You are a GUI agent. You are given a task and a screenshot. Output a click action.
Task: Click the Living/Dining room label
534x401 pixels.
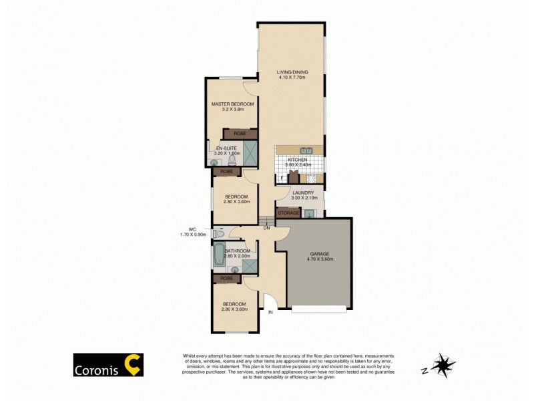tap(292, 73)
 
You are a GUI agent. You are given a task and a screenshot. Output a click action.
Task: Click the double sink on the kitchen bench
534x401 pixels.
tap(306, 150)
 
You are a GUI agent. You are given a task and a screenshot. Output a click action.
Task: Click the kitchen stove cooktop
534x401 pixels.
tap(311, 178)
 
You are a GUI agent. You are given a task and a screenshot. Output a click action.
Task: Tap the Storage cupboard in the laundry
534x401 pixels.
tap(288, 213)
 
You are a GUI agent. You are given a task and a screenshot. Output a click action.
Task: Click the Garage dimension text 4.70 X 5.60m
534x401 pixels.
tap(320, 259)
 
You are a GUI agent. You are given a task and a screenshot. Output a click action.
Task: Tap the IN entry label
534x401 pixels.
tap(271, 312)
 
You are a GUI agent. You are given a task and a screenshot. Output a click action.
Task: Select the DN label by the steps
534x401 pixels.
tap(266, 228)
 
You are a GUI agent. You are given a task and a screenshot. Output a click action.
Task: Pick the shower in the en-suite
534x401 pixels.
tap(250, 153)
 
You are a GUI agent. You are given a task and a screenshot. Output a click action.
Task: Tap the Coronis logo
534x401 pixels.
tap(107, 365)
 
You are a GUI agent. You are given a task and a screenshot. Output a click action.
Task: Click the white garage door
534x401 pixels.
tap(320, 309)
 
